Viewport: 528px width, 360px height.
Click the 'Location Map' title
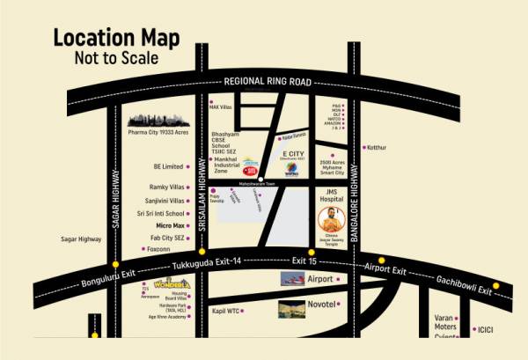coord(116,38)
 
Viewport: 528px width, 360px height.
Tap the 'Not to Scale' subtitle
coord(116,58)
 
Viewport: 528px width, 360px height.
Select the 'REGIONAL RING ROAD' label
coord(268,81)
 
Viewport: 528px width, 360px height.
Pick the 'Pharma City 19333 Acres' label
coord(158,132)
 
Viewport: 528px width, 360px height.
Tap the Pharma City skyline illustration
coord(158,119)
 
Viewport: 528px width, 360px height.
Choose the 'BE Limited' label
coord(168,166)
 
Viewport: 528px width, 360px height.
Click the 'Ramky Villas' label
coord(167,188)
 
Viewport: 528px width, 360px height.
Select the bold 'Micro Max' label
coord(167,225)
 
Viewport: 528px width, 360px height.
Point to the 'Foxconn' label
coord(158,249)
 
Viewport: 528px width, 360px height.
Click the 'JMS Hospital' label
coord(338,195)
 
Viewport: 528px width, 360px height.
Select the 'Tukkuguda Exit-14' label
coord(206,264)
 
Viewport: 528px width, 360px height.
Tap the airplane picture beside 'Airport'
coord(293,280)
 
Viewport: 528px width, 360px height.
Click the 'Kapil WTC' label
coord(226,311)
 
